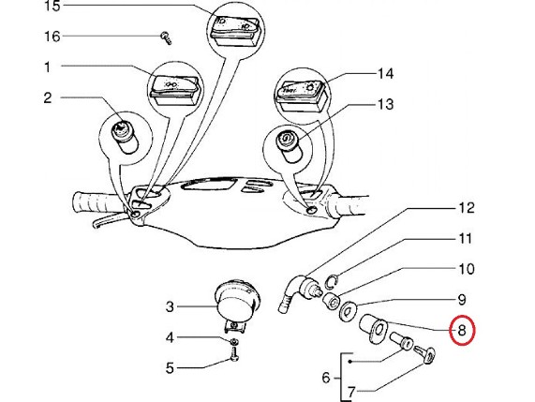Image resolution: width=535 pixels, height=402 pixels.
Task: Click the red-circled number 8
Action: coord(462,330)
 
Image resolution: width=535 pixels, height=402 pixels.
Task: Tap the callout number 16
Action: coord(52,37)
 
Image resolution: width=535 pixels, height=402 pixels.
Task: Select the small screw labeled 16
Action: coord(166,37)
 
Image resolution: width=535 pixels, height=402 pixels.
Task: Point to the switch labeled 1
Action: coord(174,90)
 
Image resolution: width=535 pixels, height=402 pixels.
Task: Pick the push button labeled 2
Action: coord(126,138)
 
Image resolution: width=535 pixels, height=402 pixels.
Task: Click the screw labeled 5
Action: coord(234,353)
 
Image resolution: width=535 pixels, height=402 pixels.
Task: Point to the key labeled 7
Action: coord(425,355)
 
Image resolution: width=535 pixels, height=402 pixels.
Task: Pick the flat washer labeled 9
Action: coord(349,311)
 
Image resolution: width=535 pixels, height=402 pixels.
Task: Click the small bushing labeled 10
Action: coord(331,300)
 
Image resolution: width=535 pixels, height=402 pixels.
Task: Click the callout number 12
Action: coord(466,207)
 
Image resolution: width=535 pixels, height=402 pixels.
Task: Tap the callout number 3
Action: coord(170,306)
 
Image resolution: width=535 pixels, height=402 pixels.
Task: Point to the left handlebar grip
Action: coord(98,203)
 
